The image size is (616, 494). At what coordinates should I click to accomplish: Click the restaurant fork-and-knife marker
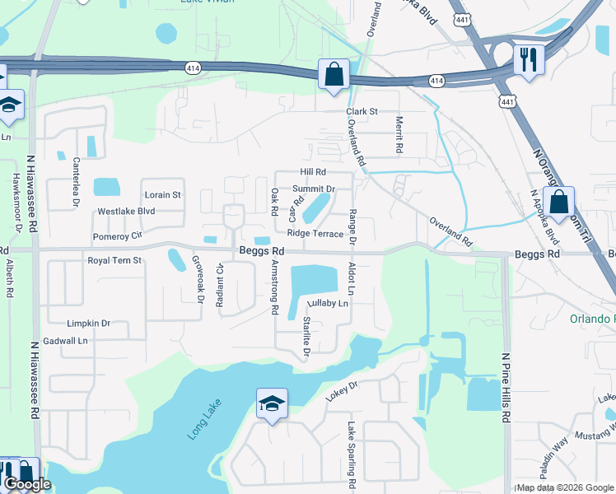(x=528, y=60)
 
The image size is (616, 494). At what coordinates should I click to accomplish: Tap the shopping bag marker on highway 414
(x=334, y=75)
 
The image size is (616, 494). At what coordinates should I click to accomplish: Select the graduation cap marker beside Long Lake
(x=272, y=404)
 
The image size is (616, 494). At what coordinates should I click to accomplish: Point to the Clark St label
(x=362, y=111)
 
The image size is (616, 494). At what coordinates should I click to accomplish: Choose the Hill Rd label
(x=314, y=172)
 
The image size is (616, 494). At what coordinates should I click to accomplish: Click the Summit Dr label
(x=314, y=189)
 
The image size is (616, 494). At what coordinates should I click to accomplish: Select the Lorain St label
(x=162, y=195)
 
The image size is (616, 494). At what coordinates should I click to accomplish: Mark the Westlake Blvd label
(x=126, y=212)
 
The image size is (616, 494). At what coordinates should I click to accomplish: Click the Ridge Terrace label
(x=315, y=234)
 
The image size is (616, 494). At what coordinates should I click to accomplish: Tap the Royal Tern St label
(x=115, y=260)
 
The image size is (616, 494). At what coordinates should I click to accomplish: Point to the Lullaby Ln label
(x=325, y=304)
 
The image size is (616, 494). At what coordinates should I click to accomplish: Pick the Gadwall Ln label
(x=66, y=340)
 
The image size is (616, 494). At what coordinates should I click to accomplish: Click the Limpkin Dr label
(x=89, y=324)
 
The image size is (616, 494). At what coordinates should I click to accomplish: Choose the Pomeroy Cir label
(x=118, y=236)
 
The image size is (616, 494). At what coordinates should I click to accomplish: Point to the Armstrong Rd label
(x=275, y=290)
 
